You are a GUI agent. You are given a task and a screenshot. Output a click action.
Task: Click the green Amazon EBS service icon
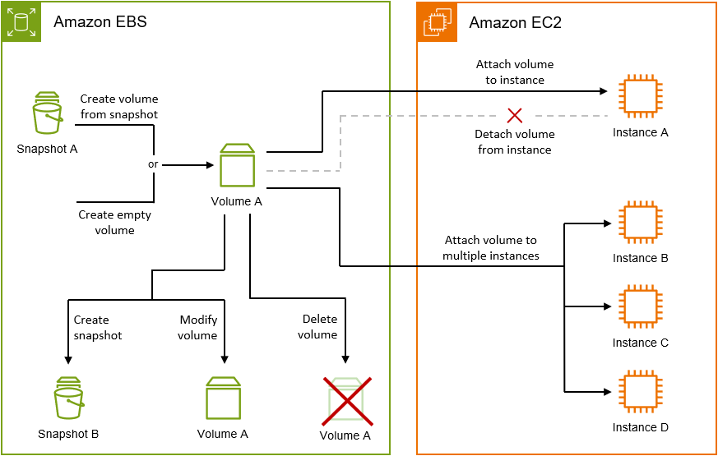coord(21,21)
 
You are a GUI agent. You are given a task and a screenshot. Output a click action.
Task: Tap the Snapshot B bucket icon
coord(69,398)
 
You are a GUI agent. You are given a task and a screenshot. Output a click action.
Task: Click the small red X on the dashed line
coord(515,114)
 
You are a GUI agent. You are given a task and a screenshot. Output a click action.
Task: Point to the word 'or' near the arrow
coord(153,164)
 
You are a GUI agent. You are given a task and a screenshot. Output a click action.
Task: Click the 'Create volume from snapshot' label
coord(118,107)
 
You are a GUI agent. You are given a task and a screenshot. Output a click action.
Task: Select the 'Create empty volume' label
coord(114,223)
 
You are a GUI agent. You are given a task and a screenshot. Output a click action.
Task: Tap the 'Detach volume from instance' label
coord(514,141)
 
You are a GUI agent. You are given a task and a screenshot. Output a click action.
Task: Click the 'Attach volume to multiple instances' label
coord(490,248)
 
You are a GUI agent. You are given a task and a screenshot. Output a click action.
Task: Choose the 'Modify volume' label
coord(198,327)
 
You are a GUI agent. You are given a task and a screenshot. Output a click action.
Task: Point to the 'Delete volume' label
coord(319,326)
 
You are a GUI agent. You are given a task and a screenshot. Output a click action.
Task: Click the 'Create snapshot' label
coord(97,327)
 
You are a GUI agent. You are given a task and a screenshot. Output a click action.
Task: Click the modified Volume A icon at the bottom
coord(223,399)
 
